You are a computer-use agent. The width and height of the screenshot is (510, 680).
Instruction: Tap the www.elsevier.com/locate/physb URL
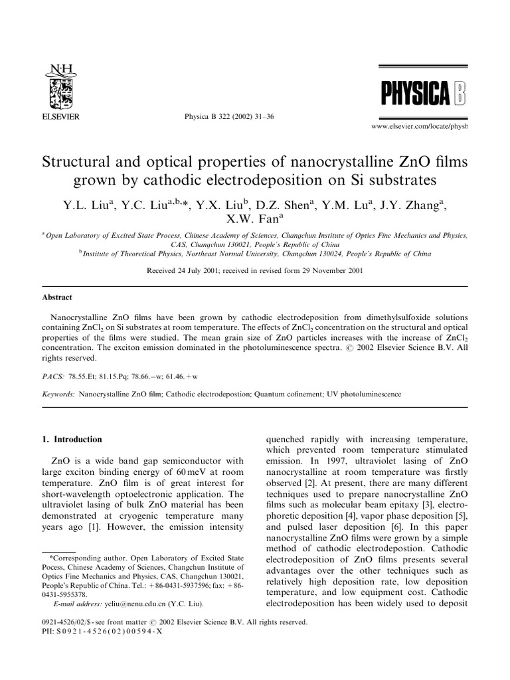click(x=419, y=126)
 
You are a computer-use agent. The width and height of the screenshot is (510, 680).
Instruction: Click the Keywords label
click(x=57, y=394)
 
